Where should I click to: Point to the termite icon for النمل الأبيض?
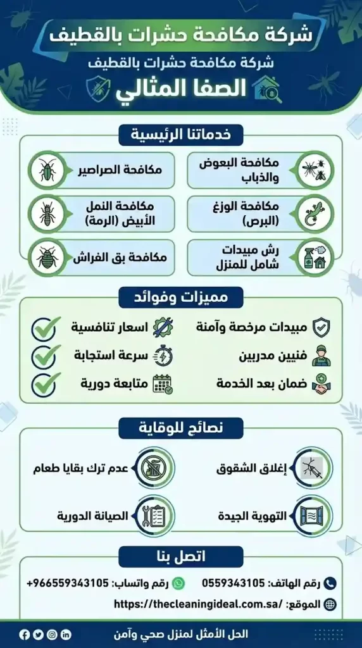(47, 213)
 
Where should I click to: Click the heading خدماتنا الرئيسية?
(180, 135)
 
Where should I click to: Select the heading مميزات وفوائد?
(180, 296)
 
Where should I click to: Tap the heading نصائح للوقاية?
(180, 428)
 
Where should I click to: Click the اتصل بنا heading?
(180, 558)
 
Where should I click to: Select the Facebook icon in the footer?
(24, 634)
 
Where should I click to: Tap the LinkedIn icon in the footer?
(66, 634)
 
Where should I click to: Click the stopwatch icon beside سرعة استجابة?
(163, 356)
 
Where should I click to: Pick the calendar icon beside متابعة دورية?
(163, 383)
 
